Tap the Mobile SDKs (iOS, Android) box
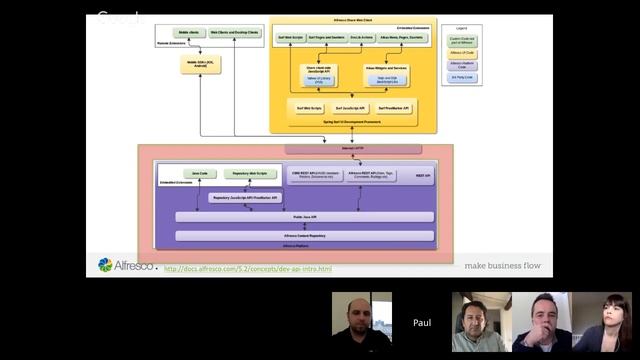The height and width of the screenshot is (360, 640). [201, 62]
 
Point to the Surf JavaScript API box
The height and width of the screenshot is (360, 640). [351, 107]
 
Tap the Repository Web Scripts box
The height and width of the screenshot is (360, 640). [248, 173]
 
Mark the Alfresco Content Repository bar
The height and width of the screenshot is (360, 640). [304, 235]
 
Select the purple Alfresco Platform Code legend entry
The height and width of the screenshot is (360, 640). [461, 63]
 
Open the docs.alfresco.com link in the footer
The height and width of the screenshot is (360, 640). [247, 268]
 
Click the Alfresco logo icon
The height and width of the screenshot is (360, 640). [105, 265]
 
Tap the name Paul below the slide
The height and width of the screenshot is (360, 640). [422, 323]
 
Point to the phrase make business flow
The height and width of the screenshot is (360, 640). [503, 266]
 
